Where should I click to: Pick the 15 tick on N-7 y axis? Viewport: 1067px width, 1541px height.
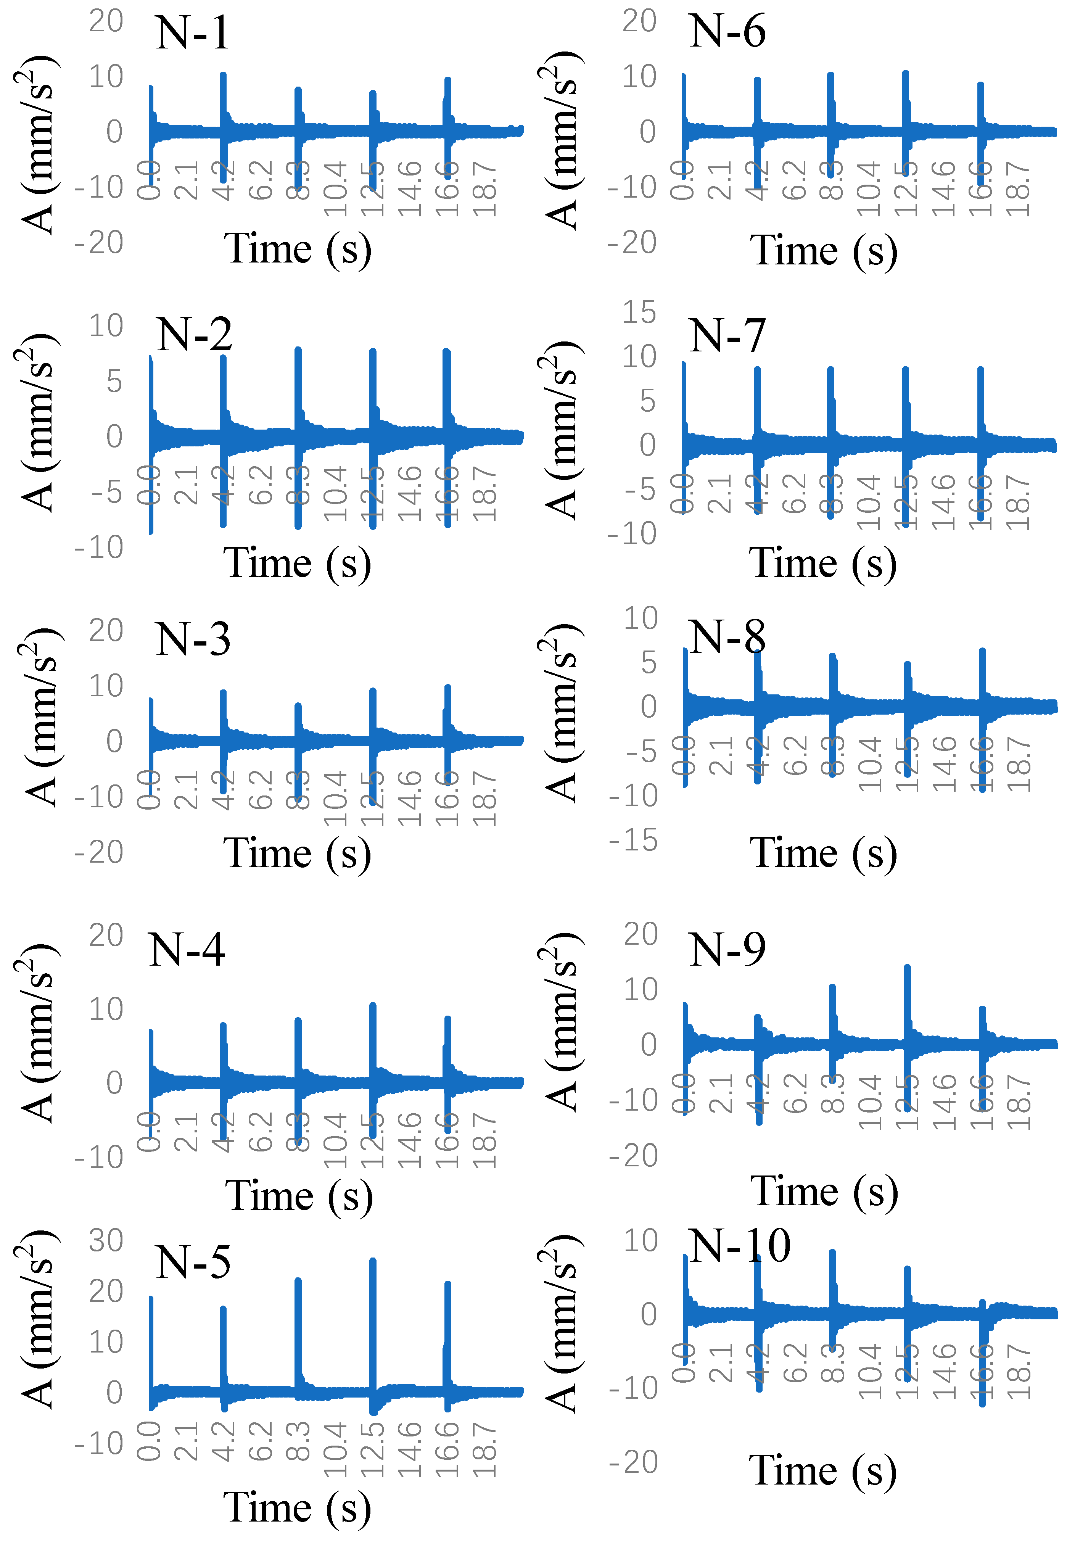coord(640,312)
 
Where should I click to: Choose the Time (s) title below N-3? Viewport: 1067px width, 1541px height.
coord(298,854)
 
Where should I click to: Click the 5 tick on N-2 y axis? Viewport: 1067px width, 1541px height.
coord(114,382)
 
